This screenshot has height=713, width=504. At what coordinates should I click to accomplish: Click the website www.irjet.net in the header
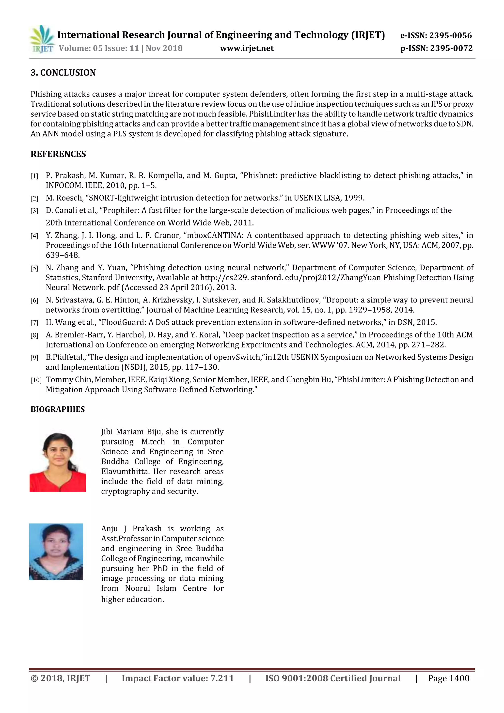pos(247,48)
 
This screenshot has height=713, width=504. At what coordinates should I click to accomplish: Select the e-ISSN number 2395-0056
pos(450,35)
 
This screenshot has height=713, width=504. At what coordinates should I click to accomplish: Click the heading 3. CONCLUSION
pos(63,73)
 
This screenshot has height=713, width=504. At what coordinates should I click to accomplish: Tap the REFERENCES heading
pos(58,154)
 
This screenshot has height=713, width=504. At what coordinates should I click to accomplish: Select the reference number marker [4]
pos(34,236)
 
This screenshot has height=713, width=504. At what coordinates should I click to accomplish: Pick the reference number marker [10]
pos(36,380)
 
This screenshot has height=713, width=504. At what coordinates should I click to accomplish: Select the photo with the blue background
pos(56,552)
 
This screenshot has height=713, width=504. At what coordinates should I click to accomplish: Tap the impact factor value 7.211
pos(222,678)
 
